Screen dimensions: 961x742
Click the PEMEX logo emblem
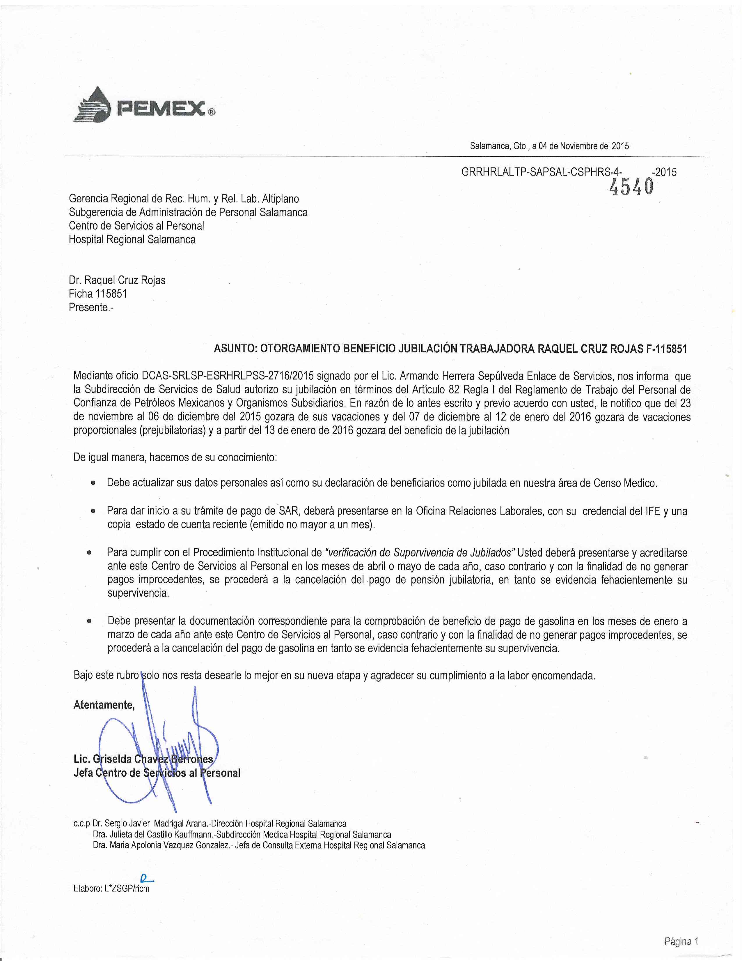[x=94, y=105]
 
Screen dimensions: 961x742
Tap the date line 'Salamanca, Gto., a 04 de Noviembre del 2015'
[x=549, y=146]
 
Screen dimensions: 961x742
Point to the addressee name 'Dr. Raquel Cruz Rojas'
[x=117, y=280]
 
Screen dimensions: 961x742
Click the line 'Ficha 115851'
[x=97, y=294]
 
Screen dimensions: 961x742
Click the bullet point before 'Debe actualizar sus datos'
[x=93, y=483]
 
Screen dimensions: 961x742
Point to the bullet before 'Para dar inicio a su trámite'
[x=93, y=511]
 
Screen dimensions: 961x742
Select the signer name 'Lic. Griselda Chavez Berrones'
[x=143, y=759]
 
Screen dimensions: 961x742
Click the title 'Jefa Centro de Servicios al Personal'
[x=157, y=773]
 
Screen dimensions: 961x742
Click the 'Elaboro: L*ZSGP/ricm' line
[x=112, y=888]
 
